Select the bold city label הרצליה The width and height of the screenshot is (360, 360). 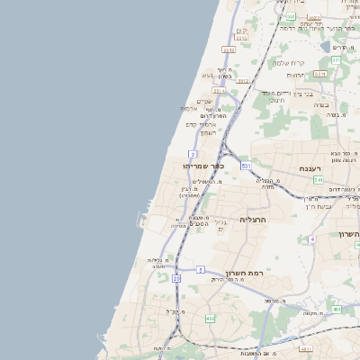coord(256,218)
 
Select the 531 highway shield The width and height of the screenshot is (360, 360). coord(245,166)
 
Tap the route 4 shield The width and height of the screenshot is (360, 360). coord(311,238)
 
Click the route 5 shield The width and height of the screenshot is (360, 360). coord(201,269)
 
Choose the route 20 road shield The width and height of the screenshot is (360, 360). coord(176,279)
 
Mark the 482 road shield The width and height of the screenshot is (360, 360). coord(210,318)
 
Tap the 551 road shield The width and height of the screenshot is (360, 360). coord(334,60)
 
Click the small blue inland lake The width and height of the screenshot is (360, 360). coord(325,44)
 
